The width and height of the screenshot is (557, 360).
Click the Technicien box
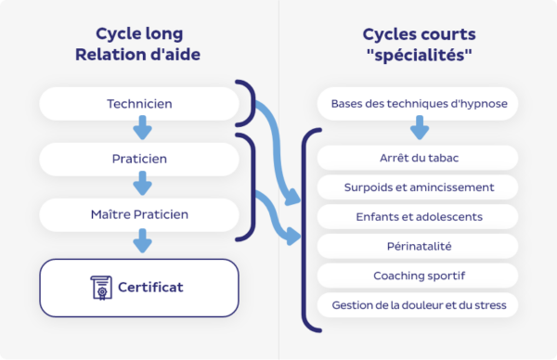click(x=139, y=103)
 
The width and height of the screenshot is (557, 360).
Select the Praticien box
click(x=139, y=159)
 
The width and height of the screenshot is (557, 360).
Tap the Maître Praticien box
click(x=139, y=214)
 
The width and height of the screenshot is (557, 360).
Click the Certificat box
click(x=139, y=287)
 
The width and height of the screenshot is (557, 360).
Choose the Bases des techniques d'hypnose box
click(x=419, y=103)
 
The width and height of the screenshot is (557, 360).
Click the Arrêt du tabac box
click(x=419, y=159)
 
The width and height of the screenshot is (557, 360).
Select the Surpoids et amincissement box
click(x=419, y=187)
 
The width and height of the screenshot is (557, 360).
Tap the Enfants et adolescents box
click(x=419, y=217)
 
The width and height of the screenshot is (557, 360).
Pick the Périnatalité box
click(x=419, y=246)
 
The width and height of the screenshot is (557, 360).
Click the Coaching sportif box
click(x=419, y=276)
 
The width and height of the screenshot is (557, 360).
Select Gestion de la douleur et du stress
click(x=419, y=304)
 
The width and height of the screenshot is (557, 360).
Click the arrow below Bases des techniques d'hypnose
click(x=420, y=127)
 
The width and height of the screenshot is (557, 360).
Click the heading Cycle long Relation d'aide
click(x=140, y=44)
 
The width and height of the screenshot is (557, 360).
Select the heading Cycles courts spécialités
click(x=419, y=44)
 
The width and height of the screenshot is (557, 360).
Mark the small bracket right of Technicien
click(x=247, y=103)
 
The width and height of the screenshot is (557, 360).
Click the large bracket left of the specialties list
click(x=307, y=231)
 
